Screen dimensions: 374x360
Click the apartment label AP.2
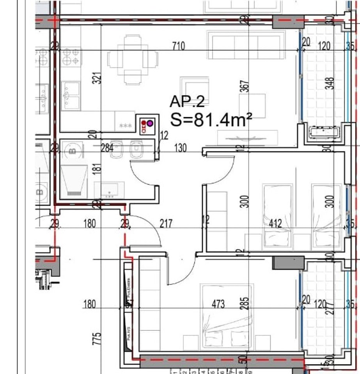187,101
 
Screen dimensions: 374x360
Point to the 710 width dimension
178,46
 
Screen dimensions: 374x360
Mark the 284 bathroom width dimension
107,148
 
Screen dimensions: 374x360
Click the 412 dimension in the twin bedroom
276,223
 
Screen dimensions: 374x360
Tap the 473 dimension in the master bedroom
218,304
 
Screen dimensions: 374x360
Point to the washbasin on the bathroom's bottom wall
110,190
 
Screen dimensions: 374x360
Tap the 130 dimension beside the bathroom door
181,148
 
